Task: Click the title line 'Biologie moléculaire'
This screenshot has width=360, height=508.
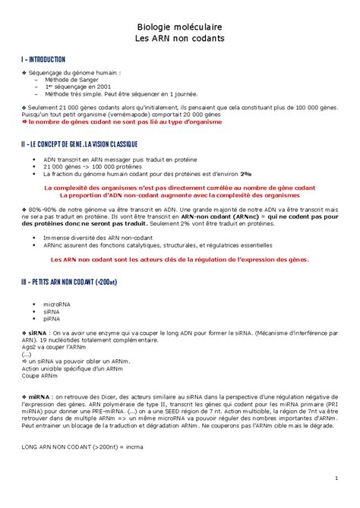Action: click(180, 25)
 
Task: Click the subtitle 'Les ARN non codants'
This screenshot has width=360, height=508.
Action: click(180, 38)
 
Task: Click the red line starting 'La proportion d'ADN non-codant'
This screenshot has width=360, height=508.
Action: click(180, 195)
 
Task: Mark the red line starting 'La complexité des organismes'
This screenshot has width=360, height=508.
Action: click(180, 188)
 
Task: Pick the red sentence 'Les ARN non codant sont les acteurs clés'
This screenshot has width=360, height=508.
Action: click(180, 260)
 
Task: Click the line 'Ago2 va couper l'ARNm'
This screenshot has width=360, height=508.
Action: click(49, 346)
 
